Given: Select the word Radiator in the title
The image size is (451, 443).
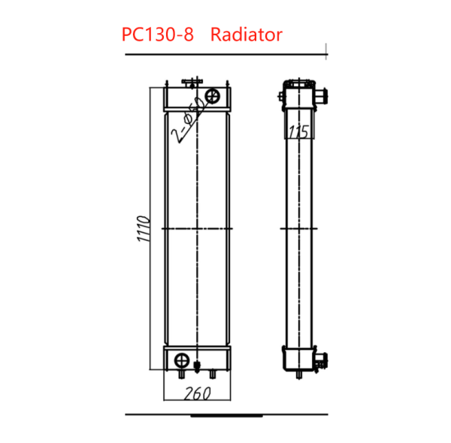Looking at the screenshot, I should pyautogui.click(x=247, y=35).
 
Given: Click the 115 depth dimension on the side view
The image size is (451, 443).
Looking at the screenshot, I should pyautogui.click(x=299, y=133).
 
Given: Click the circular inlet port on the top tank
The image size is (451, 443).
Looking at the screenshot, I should pyautogui.click(x=212, y=95).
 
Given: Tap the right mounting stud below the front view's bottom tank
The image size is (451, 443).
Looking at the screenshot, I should pyautogui.click(x=213, y=372).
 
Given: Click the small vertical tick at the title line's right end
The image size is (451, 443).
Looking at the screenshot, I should pyautogui.click(x=325, y=50).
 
